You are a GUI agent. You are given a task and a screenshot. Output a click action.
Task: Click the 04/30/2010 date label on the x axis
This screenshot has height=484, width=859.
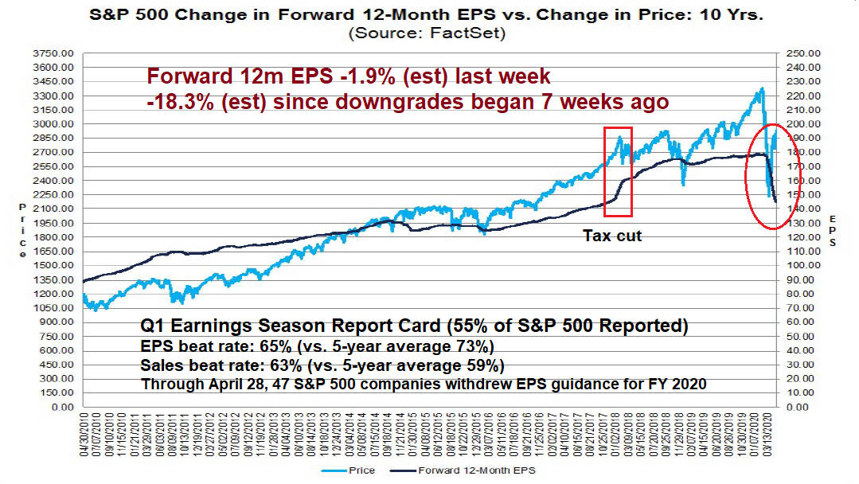[84, 437]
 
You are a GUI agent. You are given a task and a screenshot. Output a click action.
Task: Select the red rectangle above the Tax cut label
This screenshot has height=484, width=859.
[619, 171]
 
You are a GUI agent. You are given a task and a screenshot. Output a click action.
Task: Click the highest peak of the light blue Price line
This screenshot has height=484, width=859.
[762, 88]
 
